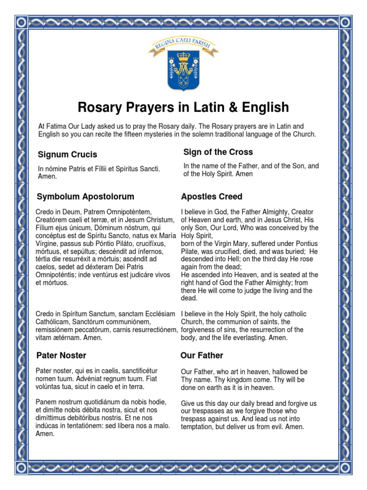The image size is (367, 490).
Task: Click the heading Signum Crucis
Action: pyautogui.click(x=67, y=155)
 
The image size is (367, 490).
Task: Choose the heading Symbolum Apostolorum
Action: pyautogui.click(x=86, y=197)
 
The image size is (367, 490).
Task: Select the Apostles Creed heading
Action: pyautogui.click(x=211, y=197)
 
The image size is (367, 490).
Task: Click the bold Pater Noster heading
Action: pyautogui.click(x=62, y=356)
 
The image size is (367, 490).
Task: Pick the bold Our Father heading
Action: pyautogui.click(x=202, y=356)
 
